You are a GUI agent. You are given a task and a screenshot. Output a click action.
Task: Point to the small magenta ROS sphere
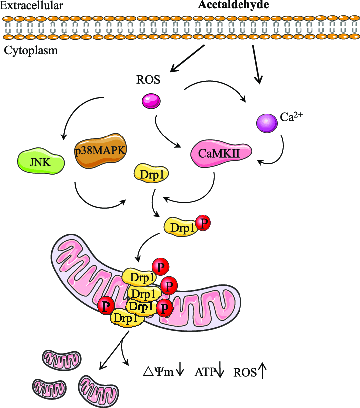point(151,102)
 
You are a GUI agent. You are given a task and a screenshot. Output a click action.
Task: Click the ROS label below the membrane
point(148,80)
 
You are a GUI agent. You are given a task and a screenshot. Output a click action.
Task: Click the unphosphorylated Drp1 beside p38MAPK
point(151,174)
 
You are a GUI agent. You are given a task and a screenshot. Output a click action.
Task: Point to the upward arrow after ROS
point(263,370)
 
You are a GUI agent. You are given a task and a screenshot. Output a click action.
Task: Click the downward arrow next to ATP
point(221,371)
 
